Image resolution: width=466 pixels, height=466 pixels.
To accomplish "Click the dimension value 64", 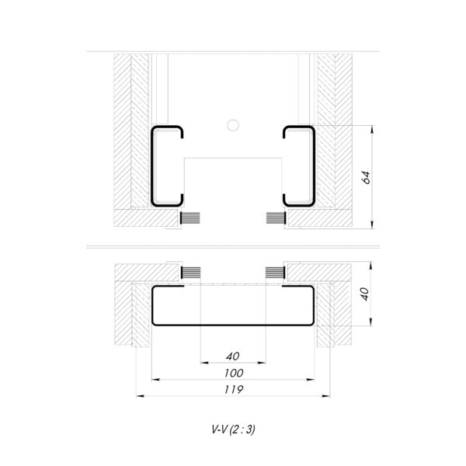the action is pyautogui.click(x=367, y=177).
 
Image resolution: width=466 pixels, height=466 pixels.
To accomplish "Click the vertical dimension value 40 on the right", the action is pyautogui.click(x=365, y=294).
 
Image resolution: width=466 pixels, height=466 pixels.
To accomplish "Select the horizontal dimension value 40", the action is pyautogui.click(x=233, y=356).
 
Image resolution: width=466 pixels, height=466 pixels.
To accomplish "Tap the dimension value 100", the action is pyautogui.click(x=234, y=373).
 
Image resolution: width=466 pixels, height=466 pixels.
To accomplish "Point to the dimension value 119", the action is pyautogui.click(x=234, y=389).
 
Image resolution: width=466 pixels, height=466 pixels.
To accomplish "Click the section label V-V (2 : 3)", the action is pyautogui.click(x=233, y=429).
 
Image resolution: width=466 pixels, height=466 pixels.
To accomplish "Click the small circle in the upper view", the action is pyautogui.click(x=233, y=125).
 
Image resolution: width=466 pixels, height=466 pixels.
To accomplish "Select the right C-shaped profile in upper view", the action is pyautogui.click(x=314, y=166).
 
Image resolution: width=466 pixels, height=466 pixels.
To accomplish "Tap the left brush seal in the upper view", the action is pyautogui.click(x=190, y=218).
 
